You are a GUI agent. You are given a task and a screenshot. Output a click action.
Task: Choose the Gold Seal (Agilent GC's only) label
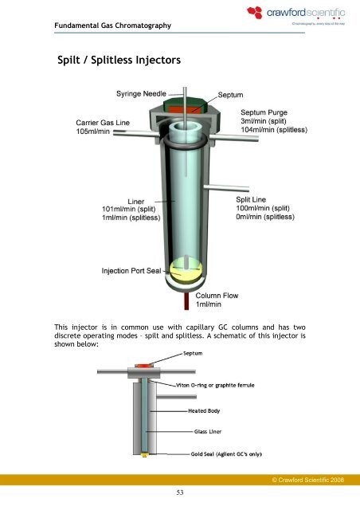click(227, 453)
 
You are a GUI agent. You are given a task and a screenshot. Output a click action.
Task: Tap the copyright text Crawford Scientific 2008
click(311, 482)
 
